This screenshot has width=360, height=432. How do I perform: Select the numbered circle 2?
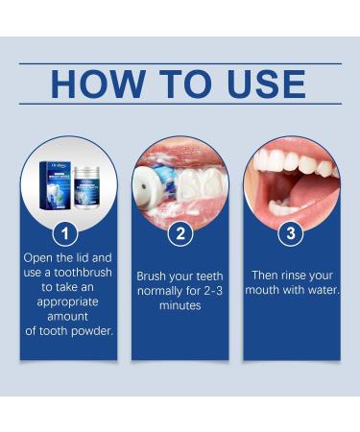coord(180,233)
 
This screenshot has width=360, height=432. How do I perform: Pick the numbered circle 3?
coord(291,233)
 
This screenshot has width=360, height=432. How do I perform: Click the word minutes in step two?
coord(180,304)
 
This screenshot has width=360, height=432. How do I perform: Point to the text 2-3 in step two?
coord(208,290)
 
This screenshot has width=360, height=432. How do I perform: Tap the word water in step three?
coord(320,289)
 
